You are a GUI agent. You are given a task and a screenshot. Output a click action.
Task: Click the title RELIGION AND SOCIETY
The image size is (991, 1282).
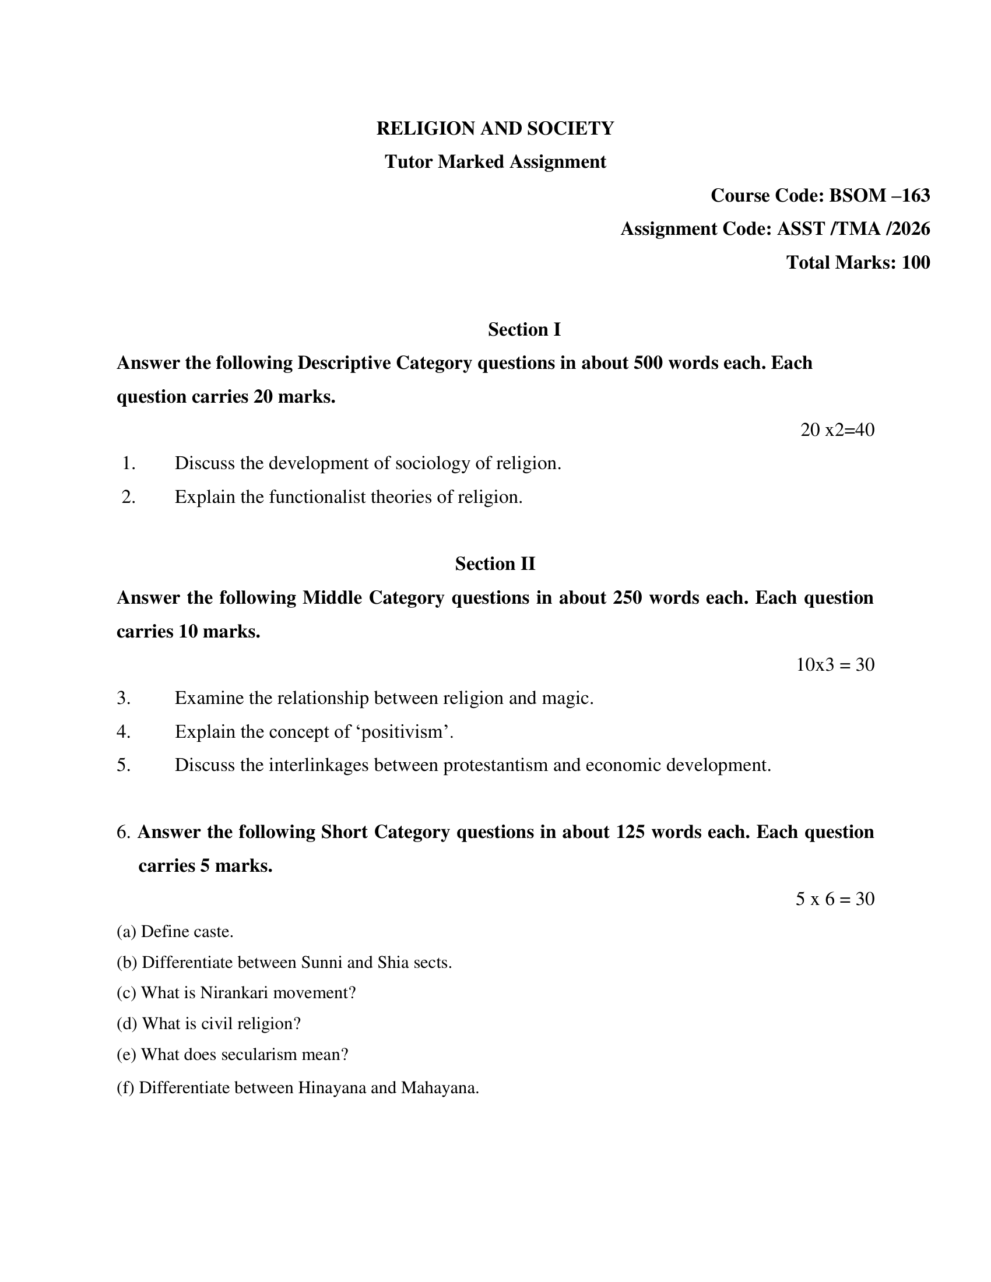point(495,128)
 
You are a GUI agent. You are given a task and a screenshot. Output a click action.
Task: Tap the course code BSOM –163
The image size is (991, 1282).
point(879,195)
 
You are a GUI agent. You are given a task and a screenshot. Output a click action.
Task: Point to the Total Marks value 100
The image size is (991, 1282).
point(915,262)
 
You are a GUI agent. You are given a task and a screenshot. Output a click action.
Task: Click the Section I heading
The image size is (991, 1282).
point(524,329)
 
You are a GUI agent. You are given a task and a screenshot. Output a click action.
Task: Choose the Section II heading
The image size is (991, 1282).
point(495,563)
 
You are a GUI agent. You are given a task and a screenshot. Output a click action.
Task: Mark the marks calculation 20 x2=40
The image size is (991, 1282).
point(837,429)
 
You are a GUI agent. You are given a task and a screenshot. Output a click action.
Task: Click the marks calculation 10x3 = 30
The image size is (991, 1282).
point(835,664)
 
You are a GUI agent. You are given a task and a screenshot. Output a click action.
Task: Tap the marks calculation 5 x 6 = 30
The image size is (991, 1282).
point(835,899)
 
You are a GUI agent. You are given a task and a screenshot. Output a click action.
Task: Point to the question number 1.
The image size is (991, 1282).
point(129,464)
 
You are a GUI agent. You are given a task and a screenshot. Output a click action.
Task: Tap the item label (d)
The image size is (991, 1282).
point(127,1024)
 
